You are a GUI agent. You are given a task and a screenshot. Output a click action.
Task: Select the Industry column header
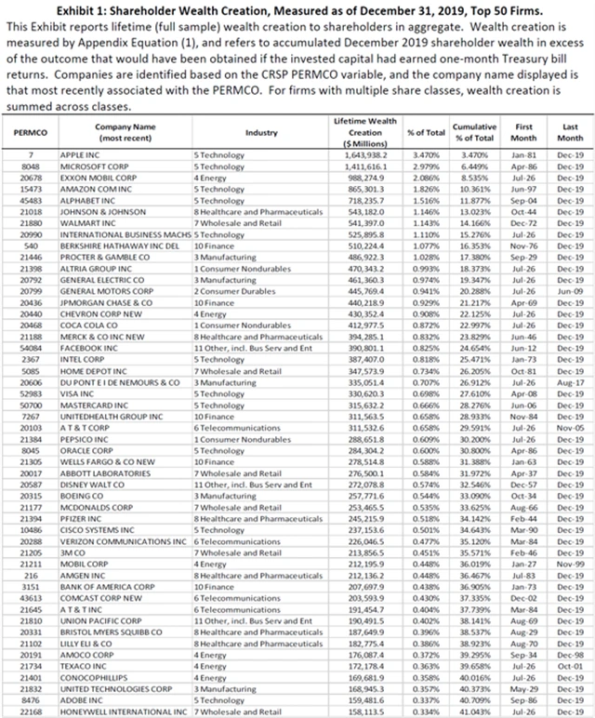[x=261, y=133]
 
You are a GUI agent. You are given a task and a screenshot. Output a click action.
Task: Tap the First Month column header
[x=522, y=128]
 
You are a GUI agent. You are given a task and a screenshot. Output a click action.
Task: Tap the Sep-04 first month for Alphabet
[x=522, y=195]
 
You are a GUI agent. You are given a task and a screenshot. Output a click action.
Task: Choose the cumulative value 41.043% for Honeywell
[x=473, y=709]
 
